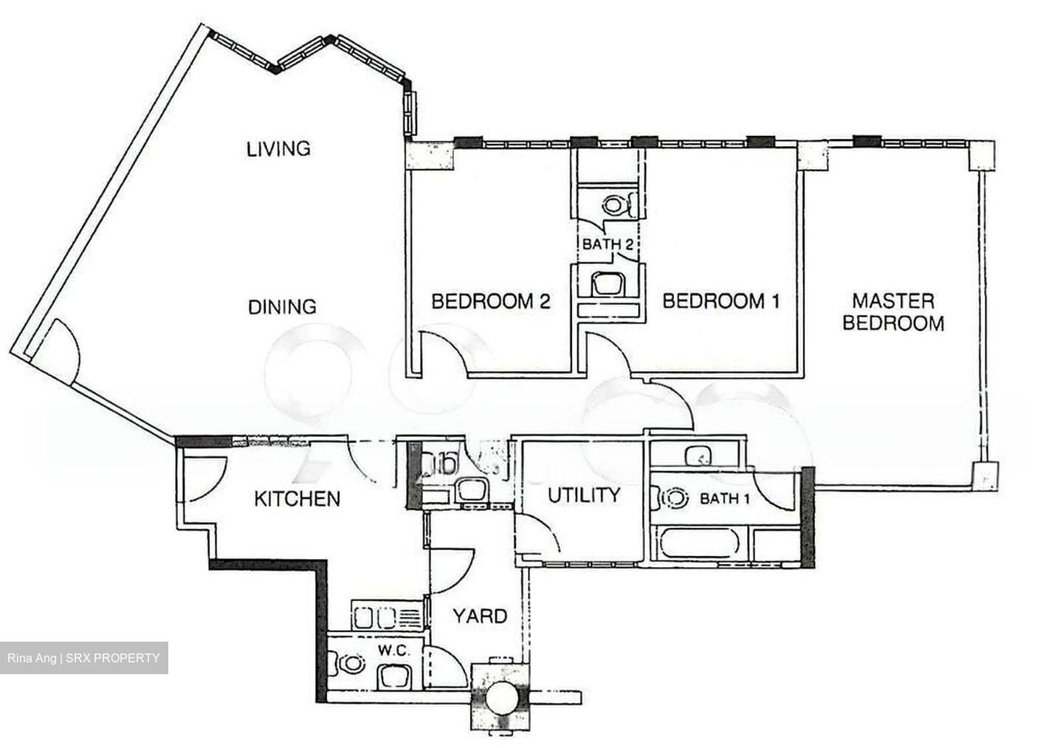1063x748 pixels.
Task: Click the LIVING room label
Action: tap(278, 148)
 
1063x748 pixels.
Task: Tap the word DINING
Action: tap(282, 306)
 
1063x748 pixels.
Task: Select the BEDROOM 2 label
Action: tap(491, 301)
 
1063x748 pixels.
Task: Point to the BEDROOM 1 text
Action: tap(720, 301)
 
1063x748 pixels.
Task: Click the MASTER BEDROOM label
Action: tap(893, 312)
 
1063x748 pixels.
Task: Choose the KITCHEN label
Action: tap(297, 498)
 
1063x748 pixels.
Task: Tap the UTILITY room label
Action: tap(583, 495)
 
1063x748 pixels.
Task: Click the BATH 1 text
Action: tap(724, 499)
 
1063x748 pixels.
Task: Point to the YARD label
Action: tap(479, 615)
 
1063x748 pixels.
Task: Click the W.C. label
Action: tap(389, 650)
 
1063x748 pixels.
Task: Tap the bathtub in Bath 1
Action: tap(698, 545)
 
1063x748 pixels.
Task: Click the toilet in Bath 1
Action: tap(671, 498)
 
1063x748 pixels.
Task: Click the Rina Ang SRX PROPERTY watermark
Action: tap(83, 658)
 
